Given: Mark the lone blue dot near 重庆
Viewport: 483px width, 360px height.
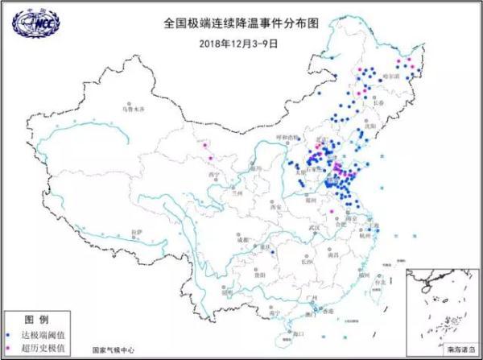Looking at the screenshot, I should point(273,252).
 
